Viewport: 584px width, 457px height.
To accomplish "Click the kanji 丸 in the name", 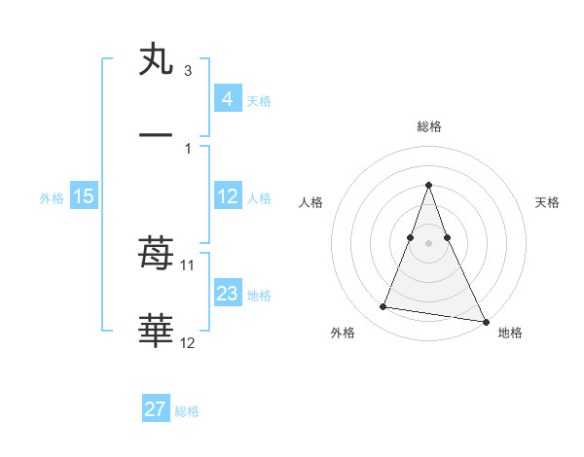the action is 156,59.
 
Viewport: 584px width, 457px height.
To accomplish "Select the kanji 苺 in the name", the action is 156,254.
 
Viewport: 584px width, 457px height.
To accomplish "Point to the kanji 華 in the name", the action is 156,332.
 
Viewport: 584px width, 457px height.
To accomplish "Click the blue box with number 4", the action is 228,98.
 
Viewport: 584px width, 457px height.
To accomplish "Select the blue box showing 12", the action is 228,196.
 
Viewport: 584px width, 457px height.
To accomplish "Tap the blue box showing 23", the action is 228,294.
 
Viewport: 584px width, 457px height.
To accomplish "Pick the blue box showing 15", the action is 84,196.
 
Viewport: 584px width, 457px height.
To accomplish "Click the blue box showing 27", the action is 156,409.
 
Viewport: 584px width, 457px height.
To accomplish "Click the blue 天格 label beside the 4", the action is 259,100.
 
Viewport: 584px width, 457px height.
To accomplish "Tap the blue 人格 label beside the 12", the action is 259,197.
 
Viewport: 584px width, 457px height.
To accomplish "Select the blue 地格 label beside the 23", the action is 259,295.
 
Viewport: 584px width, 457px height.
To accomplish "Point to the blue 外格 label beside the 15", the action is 52,197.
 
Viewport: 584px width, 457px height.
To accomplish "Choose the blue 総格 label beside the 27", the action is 187,411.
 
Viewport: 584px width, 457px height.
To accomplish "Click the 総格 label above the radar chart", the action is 428,126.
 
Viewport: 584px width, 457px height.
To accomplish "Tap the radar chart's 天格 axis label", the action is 548,202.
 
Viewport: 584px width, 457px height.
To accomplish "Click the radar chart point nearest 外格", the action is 383,307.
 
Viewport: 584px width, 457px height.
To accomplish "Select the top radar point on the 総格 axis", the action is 428,185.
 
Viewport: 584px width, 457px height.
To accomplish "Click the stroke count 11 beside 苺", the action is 189,264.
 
